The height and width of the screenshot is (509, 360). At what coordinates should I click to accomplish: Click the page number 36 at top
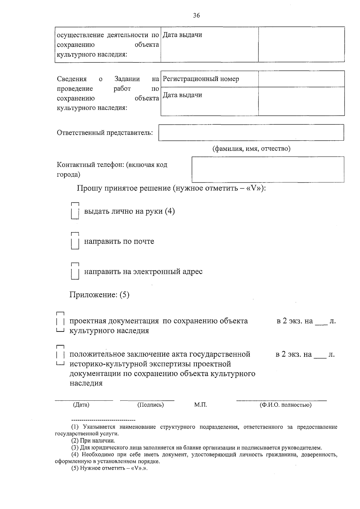[196, 16]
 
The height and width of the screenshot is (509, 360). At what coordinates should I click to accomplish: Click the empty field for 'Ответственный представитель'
[251, 133]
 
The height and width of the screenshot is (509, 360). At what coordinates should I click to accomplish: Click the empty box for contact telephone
[268, 169]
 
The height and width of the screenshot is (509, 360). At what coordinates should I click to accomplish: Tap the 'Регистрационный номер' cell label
[201, 79]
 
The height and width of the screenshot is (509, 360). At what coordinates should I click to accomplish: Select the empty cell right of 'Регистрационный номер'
[301, 79]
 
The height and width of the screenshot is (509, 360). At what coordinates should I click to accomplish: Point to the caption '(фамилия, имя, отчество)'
[251, 149]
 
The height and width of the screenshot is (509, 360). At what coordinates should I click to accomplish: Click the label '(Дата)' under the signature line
[81, 405]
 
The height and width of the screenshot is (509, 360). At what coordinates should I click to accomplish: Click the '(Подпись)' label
[150, 405]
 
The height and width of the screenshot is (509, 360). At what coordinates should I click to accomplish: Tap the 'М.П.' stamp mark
[200, 405]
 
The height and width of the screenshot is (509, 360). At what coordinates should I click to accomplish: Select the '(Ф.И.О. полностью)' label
[285, 405]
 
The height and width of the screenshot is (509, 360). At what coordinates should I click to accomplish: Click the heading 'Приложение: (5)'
[99, 295]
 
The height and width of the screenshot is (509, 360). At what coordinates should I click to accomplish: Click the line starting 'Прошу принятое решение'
[171, 188]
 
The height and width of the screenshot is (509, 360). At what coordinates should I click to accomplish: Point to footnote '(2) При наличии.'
[93, 441]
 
